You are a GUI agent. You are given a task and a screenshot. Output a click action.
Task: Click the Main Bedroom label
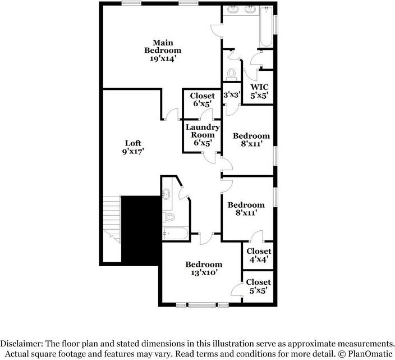(x=163, y=47)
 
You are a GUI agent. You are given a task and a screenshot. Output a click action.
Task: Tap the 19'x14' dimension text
(x=163, y=58)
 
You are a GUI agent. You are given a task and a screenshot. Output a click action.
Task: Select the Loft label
(x=133, y=143)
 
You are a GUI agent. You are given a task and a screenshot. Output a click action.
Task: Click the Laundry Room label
(x=203, y=131)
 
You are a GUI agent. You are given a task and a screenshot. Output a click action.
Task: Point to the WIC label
(x=259, y=87)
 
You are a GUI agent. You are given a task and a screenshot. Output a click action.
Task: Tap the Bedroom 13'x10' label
(x=204, y=268)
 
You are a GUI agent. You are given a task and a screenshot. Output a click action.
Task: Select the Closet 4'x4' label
(x=259, y=255)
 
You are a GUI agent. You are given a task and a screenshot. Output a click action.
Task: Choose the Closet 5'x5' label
(x=258, y=286)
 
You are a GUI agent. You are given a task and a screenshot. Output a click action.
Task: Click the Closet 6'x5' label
(x=203, y=99)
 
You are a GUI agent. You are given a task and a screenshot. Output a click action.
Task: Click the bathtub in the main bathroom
(x=266, y=26)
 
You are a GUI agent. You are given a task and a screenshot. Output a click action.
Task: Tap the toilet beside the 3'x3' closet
(x=231, y=74)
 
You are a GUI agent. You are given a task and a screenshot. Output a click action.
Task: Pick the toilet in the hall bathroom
(x=169, y=217)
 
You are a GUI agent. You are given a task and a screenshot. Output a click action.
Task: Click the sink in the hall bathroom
(x=166, y=194)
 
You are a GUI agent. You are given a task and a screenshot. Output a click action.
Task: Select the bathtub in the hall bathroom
(x=175, y=234)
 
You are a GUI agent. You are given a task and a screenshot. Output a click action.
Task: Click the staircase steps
(x=112, y=220)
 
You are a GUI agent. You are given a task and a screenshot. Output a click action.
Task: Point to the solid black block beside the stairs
(x=141, y=230)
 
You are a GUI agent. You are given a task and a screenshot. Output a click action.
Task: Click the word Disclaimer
(x=21, y=344)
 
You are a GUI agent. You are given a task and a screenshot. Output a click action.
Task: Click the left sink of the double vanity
(x=233, y=10)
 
